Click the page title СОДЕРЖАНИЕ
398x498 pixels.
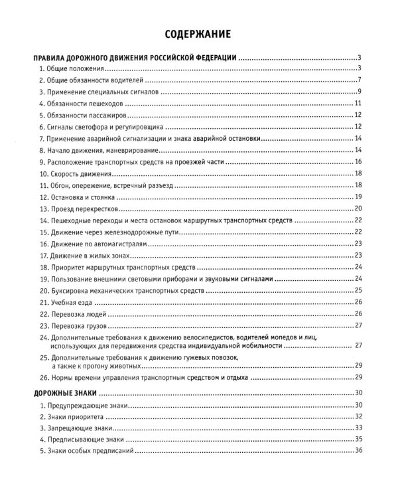pyautogui.click(x=199, y=33)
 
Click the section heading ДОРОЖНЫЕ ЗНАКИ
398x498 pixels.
pyautogui.click(x=68, y=393)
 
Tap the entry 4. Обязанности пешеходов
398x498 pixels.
pyautogui.click(x=83, y=104)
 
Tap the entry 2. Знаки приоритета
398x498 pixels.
pyautogui.click(x=72, y=416)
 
